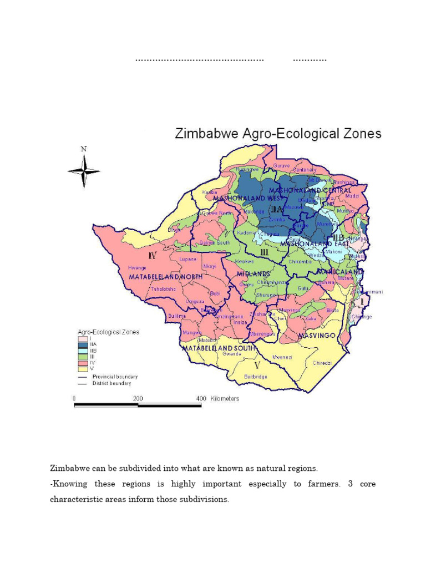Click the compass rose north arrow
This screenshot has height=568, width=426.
pyautogui.click(x=84, y=167)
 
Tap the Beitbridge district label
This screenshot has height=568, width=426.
pyautogui.click(x=256, y=377)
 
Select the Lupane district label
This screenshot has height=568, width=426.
pyautogui.click(x=187, y=259)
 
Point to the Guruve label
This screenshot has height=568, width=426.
pyautogui.click(x=282, y=165)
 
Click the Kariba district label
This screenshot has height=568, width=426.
pyautogui.click(x=210, y=192)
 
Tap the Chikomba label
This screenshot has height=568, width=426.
pyautogui.click(x=300, y=261)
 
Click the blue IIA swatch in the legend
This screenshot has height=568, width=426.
pyautogui.click(x=83, y=344)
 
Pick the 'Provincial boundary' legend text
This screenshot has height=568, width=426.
pyautogui.click(x=115, y=377)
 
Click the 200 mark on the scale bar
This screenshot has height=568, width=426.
pyautogui.click(x=138, y=399)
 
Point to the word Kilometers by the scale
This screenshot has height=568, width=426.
pyautogui.click(x=225, y=399)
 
